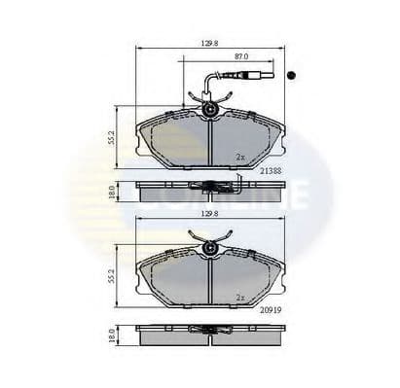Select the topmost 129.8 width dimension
210,42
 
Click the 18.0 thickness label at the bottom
114,335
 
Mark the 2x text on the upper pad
239,156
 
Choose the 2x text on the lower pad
239,298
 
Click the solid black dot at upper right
292,75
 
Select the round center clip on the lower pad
210,249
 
